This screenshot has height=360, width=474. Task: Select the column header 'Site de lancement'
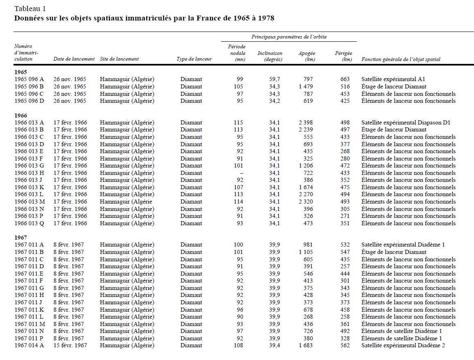[x=119, y=59]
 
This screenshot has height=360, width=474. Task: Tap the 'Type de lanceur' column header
[x=194, y=59]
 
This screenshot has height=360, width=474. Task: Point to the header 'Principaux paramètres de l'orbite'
[x=289, y=37]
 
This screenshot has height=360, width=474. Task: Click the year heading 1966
[x=20, y=115]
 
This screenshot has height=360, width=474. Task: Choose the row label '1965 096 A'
[x=29, y=79]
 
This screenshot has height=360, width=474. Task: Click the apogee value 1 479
[x=305, y=86]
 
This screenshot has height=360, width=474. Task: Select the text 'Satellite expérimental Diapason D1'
[x=406, y=122]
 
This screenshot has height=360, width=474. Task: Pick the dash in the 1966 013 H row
[x=241, y=173]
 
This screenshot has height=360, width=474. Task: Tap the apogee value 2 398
[x=305, y=122]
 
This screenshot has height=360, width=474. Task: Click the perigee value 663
[x=345, y=79]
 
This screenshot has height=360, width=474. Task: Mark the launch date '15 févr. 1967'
[x=70, y=345]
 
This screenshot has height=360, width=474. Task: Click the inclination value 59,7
[x=274, y=79]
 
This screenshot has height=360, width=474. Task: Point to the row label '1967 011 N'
[x=29, y=331]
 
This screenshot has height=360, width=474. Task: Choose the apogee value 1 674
[x=305, y=187]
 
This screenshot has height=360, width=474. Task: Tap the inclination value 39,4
[x=274, y=345]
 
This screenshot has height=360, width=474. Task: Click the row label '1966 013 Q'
[x=29, y=223]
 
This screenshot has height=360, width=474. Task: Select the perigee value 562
[x=345, y=345]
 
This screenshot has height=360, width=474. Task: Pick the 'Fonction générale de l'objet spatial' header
[x=401, y=59]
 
